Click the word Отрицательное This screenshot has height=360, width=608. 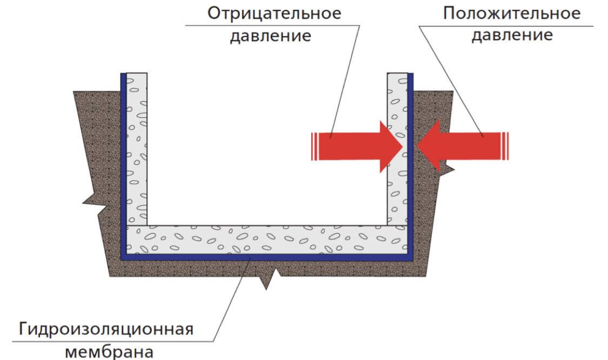click(275, 14)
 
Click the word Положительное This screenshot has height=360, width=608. click(511, 14)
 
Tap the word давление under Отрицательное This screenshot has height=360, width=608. click(271, 36)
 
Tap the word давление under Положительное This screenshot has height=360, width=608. click(512, 36)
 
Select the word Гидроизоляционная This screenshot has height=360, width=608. click(106, 329)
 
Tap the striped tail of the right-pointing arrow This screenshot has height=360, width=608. click(314, 146)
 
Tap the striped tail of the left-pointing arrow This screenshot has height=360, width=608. click(505, 146)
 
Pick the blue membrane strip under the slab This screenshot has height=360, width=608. click(265, 257)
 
